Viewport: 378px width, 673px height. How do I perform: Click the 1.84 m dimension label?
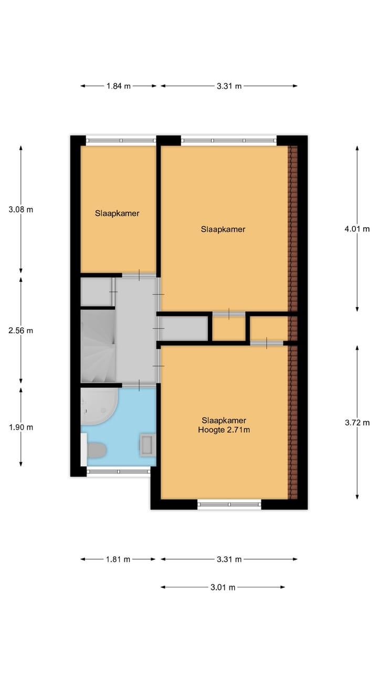click(x=119, y=86)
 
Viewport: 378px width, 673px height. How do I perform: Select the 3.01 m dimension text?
click(x=223, y=587)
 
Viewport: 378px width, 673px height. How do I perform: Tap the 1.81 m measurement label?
click(x=119, y=559)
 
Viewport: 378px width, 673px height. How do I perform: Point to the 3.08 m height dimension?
click(x=21, y=209)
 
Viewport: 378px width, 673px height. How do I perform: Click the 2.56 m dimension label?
click(x=21, y=331)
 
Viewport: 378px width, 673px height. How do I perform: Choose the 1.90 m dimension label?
click(x=21, y=427)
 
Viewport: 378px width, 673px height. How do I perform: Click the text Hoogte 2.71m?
click(x=224, y=430)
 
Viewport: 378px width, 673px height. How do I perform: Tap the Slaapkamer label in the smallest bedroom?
click(x=117, y=213)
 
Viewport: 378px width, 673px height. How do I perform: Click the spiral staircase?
click(x=97, y=346)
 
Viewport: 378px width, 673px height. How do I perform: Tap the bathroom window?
click(x=118, y=472)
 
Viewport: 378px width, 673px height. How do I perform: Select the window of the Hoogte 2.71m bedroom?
click(x=229, y=504)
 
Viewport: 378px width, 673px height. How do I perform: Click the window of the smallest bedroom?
click(x=121, y=141)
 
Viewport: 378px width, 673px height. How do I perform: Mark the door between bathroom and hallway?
click(x=139, y=385)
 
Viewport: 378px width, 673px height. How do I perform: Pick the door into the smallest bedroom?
click(x=139, y=274)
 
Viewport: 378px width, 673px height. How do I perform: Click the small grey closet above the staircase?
click(x=96, y=292)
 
